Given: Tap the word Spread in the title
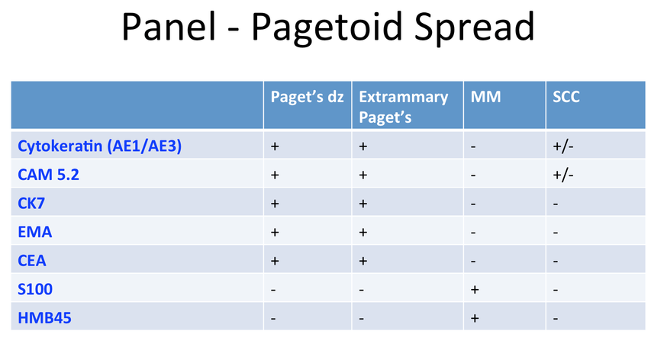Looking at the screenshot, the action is tap(475, 27).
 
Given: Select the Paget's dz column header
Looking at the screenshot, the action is tap(308, 97).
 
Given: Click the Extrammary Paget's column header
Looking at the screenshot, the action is tap(404, 107).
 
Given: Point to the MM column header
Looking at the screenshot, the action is tap(485, 97).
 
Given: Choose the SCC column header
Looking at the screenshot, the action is tap(566, 97).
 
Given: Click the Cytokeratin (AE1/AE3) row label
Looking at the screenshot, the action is tap(100, 146).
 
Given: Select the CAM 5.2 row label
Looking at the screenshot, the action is tap(48, 175).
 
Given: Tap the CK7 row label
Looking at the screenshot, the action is tap(31, 203).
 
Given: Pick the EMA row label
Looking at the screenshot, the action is tap(35, 232).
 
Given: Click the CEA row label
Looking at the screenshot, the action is tap(32, 260).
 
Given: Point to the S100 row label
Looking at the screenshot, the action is tap(35, 289).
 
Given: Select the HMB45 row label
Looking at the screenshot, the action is tap(44, 318).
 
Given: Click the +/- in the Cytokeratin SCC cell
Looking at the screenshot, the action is tap(563, 146).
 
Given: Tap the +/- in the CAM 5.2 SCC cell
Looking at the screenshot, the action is tap(563, 175).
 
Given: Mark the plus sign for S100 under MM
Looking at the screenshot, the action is tap(475, 290).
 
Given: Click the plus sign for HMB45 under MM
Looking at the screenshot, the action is tap(475, 318).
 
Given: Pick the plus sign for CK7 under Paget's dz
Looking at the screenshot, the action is tap(275, 204).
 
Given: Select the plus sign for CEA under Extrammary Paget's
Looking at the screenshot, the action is tap(363, 261).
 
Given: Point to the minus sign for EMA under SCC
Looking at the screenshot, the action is tap(556, 233).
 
